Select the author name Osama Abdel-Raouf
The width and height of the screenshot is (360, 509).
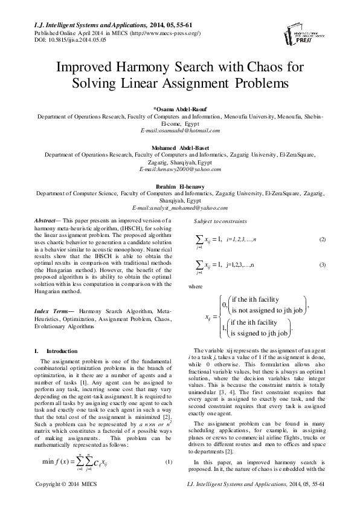(x=179, y=108)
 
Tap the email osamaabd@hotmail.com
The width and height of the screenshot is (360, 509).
(x=179, y=130)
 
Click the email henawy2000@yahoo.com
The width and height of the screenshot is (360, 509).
(x=179, y=170)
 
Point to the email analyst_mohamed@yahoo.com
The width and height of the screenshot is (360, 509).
(x=179, y=208)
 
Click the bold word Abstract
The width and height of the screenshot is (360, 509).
(x=47, y=222)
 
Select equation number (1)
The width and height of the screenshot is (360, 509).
(x=169, y=462)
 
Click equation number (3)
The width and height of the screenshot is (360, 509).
(x=322, y=265)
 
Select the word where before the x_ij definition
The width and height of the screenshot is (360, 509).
(x=195, y=286)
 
